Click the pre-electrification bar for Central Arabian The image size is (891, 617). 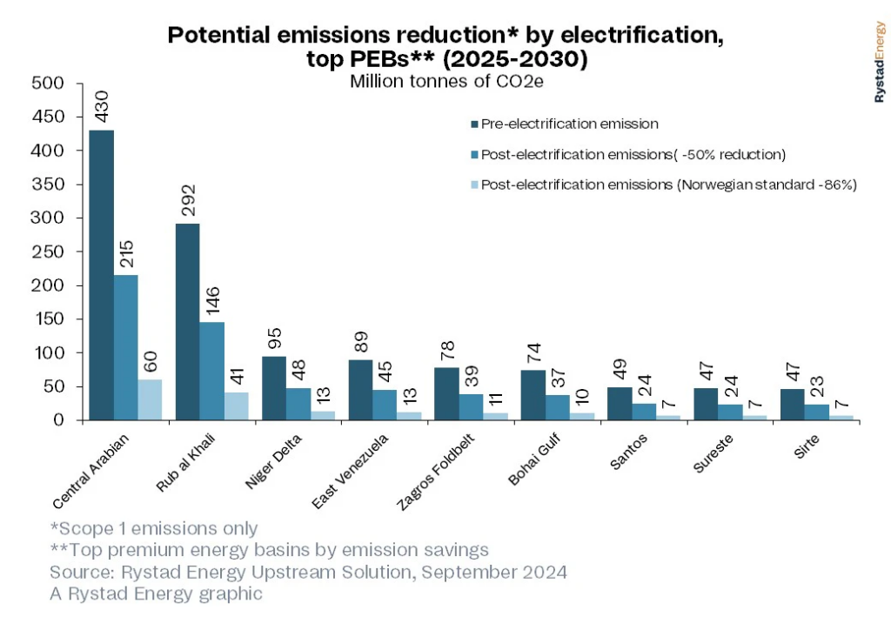point(101,275)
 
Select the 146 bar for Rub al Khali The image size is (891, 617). point(211,371)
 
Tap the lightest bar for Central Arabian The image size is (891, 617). point(150,399)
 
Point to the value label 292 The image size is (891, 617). point(188,201)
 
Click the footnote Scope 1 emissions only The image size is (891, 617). point(154,528)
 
